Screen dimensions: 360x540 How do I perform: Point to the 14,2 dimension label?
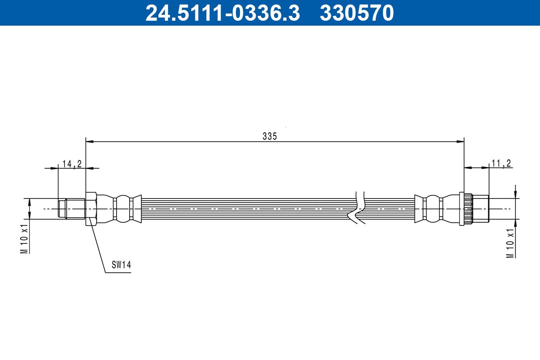pyautogui.click(x=72, y=164)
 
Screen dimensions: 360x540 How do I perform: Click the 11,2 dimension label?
pyautogui.click(x=501, y=163)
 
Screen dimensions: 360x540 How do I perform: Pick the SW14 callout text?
pyautogui.click(x=121, y=265)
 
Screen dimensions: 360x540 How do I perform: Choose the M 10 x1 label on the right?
pyautogui.click(x=510, y=243)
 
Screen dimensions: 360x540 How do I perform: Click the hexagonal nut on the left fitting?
pyautogui.click(x=91, y=208)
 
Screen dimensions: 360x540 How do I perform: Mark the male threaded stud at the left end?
pyautogui.click(x=72, y=209)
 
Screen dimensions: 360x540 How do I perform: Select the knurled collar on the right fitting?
pyautogui.click(x=465, y=209)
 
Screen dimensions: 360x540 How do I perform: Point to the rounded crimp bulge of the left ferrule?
pyautogui.click(x=122, y=208)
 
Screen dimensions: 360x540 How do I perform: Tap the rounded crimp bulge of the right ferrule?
pyautogui.click(x=432, y=208)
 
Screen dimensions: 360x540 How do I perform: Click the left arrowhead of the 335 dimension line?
pyautogui.click(x=89, y=142)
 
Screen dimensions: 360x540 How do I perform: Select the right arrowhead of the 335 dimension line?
pyautogui.click(x=460, y=142)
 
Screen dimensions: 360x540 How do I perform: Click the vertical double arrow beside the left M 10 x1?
pyautogui.click(x=29, y=208)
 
